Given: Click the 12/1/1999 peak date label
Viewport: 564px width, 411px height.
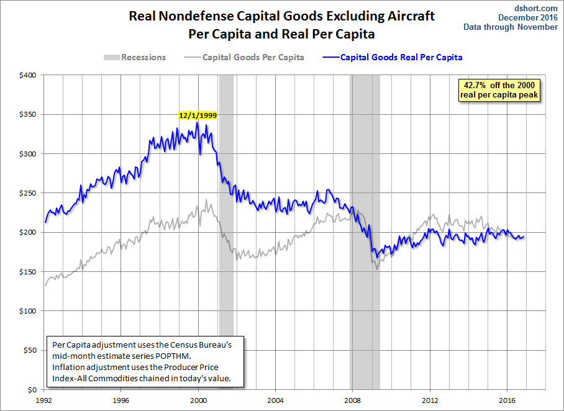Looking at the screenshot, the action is click(x=198, y=115).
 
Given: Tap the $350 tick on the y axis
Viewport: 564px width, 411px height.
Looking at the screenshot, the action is click(x=28, y=114).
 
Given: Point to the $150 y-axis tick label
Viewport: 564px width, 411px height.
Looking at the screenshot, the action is click(x=28, y=272).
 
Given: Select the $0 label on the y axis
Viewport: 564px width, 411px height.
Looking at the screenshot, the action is click(x=32, y=390).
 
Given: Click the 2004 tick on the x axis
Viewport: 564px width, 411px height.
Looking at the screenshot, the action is click(x=275, y=400).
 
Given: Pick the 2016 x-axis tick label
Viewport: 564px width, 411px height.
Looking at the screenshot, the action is click(x=507, y=400).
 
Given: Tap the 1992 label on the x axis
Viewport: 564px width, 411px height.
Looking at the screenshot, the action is click(x=43, y=400).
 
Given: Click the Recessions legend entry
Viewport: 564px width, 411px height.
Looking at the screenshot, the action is click(x=135, y=57).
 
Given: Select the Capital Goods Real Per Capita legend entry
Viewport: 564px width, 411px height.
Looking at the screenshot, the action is click(x=393, y=57).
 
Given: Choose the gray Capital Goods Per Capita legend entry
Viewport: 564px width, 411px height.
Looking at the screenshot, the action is click(x=244, y=57).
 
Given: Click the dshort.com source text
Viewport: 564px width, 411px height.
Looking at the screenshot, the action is click(x=536, y=8).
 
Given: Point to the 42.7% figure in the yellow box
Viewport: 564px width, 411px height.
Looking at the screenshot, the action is click(x=475, y=85).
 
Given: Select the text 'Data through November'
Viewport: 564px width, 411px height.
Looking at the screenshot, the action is click(x=511, y=27).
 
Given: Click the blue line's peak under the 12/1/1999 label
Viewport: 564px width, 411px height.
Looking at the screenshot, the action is click(x=197, y=122).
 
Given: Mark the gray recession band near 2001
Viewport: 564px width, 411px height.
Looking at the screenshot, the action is click(x=226, y=232).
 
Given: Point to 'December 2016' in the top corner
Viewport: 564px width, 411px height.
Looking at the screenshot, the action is click(x=528, y=17).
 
